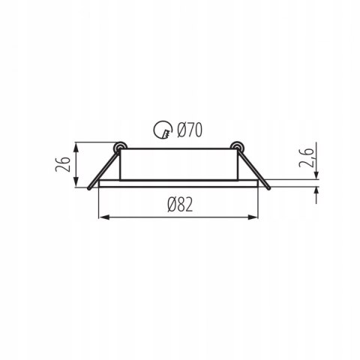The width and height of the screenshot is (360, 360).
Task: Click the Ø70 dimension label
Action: [x=189, y=130]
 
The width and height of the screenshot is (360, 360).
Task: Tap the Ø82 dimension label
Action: [x=180, y=205]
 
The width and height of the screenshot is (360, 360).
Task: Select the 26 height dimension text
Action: [x=62, y=164]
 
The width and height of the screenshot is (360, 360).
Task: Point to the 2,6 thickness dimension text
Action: [x=307, y=157]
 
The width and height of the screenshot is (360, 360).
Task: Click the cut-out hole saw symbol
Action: [x=163, y=130]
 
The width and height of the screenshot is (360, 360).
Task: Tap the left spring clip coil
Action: [x=120, y=146]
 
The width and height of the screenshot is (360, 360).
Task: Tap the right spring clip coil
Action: [x=237, y=146]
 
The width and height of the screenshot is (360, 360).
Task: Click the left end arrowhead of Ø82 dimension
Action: [x=104, y=217]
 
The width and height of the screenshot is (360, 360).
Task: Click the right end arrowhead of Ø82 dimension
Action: [x=253, y=217]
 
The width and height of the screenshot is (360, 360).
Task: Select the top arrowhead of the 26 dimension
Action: [x=76, y=148]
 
